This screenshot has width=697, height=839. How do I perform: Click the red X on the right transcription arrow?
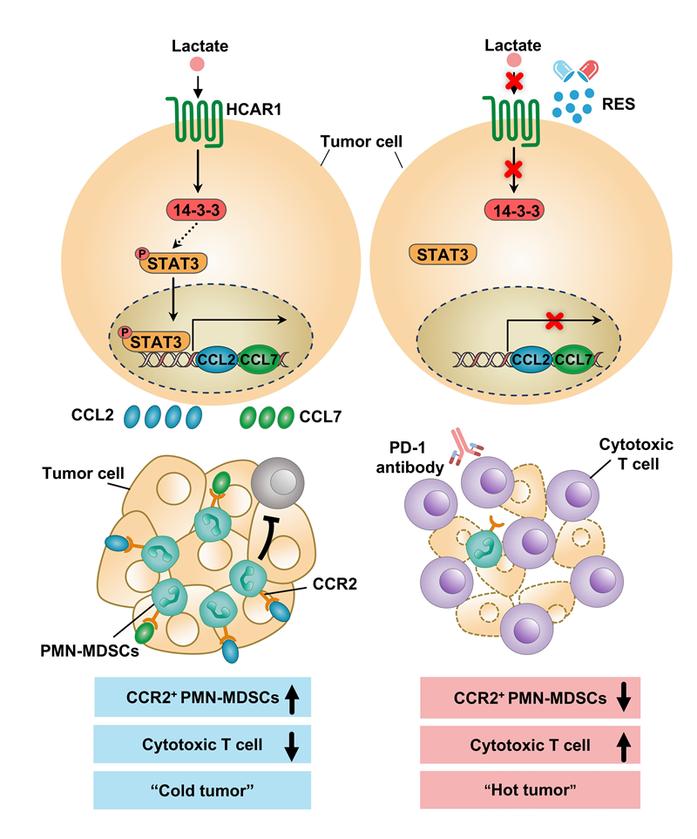[552, 324]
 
